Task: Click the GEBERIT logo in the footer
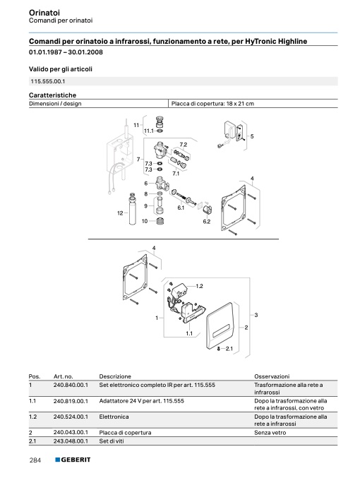click(x=73, y=460)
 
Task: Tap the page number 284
click(x=35, y=460)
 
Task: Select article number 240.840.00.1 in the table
click(x=71, y=385)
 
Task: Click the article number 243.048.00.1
click(x=71, y=441)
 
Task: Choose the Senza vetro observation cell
click(x=270, y=433)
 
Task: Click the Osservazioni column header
click(x=272, y=376)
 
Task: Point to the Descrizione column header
click(x=115, y=376)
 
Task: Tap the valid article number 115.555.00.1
click(x=48, y=81)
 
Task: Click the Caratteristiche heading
click(x=52, y=95)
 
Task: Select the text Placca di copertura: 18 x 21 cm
click(x=212, y=104)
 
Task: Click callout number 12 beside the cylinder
click(x=120, y=213)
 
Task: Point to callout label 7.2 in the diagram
click(x=184, y=145)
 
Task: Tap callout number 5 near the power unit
click(x=252, y=136)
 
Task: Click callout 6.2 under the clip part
click(x=207, y=222)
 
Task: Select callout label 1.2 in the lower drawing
click(x=199, y=286)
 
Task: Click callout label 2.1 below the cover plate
click(x=229, y=349)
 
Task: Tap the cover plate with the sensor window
click(x=220, y=326)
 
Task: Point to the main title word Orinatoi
click(x=44, y=13)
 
